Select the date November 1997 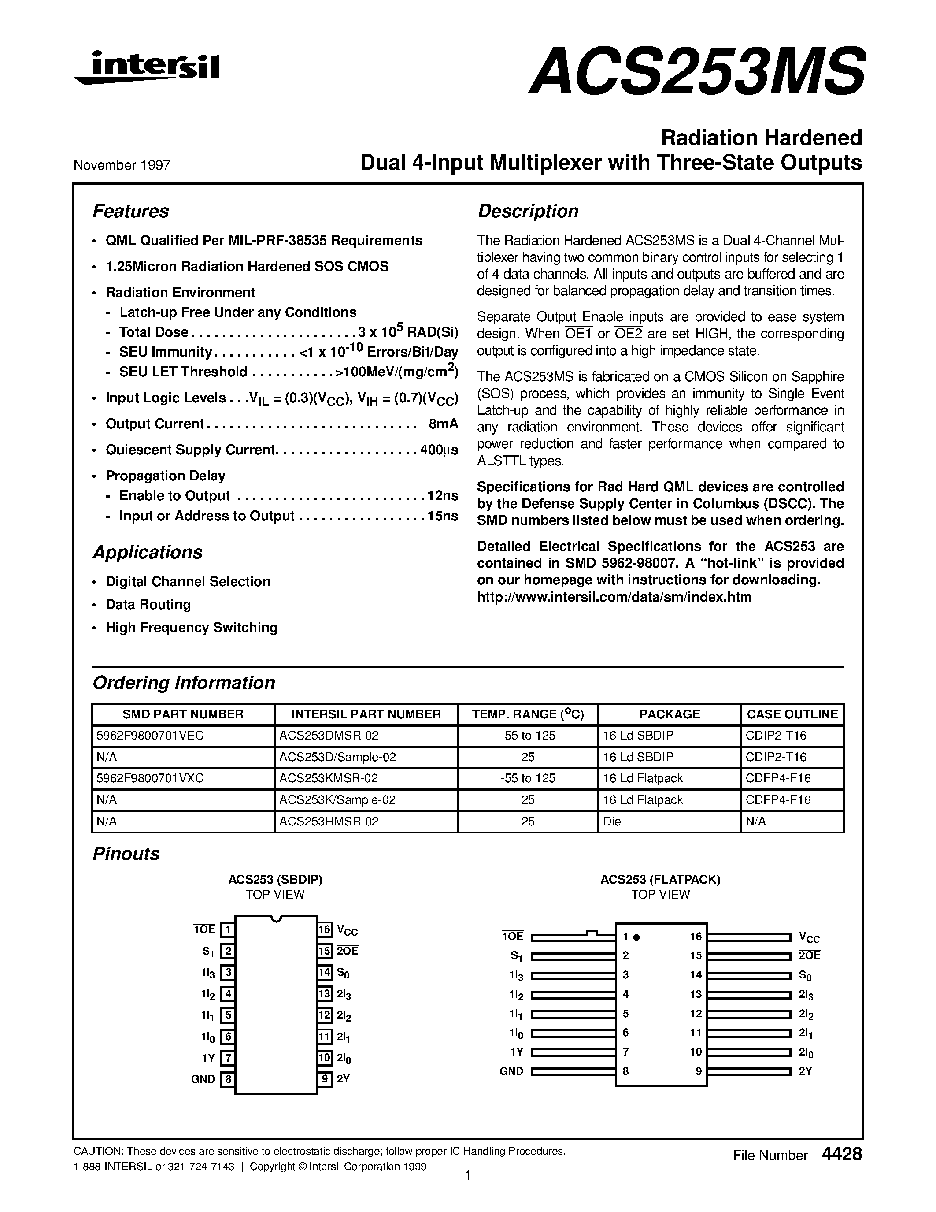pyautogui.click(x=122, y=165)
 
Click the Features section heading pyautogui.click(x=130, y=212)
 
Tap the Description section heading pyautogui.click(x=527, y=212)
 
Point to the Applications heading pyautogui.click(x=147, y=552)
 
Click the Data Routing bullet pyautogui.click(x=148, y=604)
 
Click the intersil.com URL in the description pyautogui.click(x=614, y=597)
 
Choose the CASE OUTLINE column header pyautogui.click(x=792, y=714)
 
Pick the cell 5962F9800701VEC pyautogui.click(x=150, y=736)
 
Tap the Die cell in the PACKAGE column pyautogui.click(x=612, y=822)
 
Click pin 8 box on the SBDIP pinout pyautogui.click(x=227, y=1079)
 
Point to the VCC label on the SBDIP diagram pyautogui.click(x=347, y=931)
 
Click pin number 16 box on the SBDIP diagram pyautogui.click(x=325, y=929)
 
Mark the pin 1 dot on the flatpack pyautogui.click(x=636, y=937)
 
